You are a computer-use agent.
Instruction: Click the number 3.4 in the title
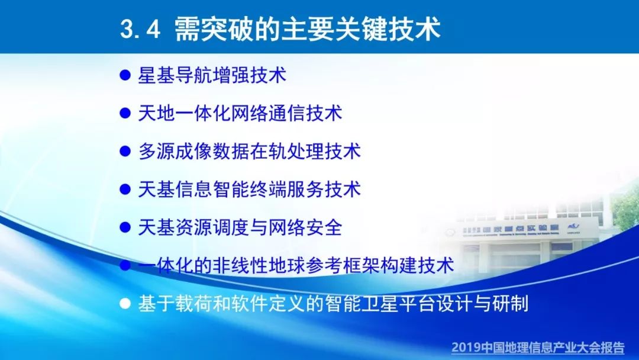(140, 29)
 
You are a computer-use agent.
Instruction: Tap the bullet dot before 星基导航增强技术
(125, 75)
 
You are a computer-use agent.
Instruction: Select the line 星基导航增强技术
(212, 75)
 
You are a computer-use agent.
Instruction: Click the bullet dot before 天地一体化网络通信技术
(125, 113)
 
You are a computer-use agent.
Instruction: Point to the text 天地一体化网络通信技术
(240, 113)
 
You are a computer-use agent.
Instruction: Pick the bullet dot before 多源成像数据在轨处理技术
(125, 151)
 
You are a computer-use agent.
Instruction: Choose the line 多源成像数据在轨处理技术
(250, 151)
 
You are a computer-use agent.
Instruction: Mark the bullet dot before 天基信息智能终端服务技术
(125, 189)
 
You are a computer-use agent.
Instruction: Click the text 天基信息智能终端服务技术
(250, 189)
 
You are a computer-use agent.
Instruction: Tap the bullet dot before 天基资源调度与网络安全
(125, 227)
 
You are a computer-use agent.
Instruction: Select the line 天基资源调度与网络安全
(240, 227)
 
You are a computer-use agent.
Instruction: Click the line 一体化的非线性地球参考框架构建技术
(296, 265)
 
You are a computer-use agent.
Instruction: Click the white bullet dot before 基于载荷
(125, 303)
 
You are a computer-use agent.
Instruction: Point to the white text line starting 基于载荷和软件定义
(333, 304)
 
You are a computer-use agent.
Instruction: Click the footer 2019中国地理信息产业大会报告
(538, 348)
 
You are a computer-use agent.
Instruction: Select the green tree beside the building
(625, 208)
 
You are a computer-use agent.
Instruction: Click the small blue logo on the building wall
(573, 227)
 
